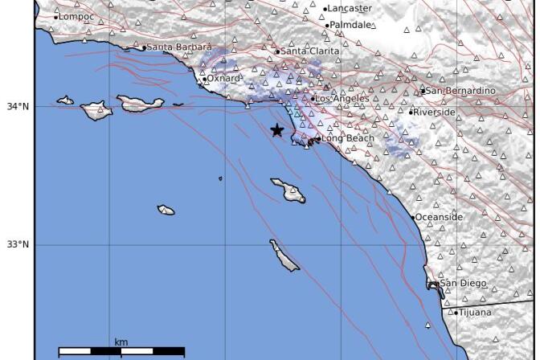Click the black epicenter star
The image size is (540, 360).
(277, 130)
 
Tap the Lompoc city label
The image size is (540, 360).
(77, 17)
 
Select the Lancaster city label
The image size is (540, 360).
(350, 9)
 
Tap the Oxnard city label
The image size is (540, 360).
(224, 78)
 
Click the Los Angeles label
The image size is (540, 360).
(342, 99)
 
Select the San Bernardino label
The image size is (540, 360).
(460, 91)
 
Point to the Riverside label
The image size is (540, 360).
(435, 112)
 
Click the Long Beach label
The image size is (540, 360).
(348, 138)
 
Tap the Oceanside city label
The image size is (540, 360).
(440, 217)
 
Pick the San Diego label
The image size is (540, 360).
(463, 283)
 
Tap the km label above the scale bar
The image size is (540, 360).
(121, 342)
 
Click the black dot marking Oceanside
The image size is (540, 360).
(413, 217)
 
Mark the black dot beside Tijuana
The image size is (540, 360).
(456, 313)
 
